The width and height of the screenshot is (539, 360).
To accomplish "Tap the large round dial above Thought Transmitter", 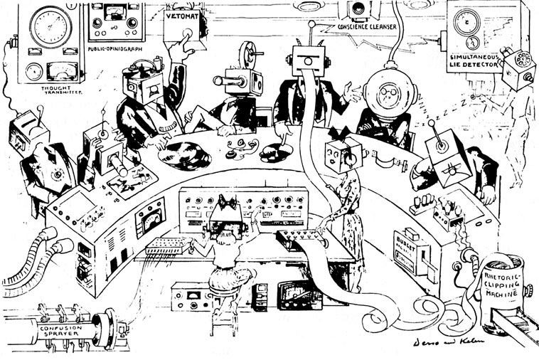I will [x=50, y=27].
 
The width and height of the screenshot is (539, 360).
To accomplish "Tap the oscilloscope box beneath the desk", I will [x=299, y=295].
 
